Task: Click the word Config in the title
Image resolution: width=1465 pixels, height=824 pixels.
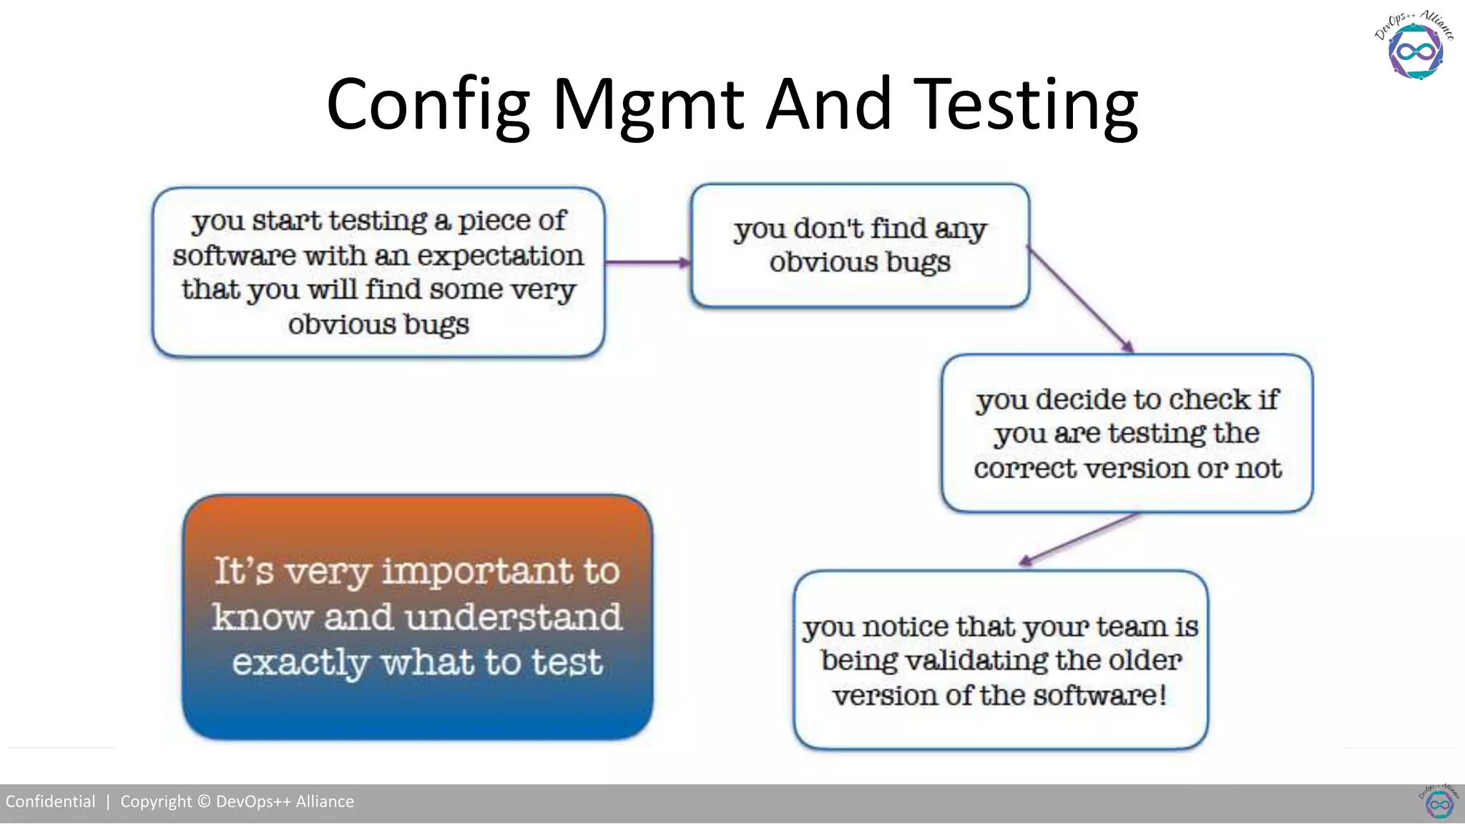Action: tap(428, 105)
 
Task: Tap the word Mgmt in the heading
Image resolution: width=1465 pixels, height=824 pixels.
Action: tap(648, 105)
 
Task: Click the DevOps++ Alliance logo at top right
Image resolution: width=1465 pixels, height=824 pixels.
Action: tap(1415, 46)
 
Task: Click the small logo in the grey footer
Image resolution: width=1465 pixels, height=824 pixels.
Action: tap(1439, 803)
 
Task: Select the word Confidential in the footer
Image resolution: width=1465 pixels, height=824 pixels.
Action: tap(50, 802)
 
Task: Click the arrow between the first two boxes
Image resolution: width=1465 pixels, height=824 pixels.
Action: tap(647, 263)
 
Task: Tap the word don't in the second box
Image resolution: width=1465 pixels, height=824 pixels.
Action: tap(828, 229)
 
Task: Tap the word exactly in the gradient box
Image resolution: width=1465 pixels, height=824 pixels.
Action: tap(300, 662)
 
